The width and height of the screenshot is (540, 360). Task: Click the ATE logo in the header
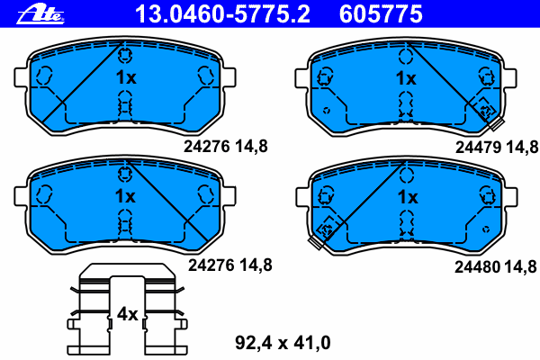pyautogui.click(x=40, y=14)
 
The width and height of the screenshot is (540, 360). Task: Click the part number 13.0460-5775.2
pyautogui.click(x=223, y=14)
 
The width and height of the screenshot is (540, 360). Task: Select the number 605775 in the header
pyautogui.click(x=381, y=14)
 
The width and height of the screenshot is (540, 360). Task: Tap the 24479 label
pyautogui.click(x=478, y=148)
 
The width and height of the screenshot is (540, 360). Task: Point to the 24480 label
pyautogui.click(x=477, y=266)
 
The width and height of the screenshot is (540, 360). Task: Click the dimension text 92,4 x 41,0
pyautogui.click(x=283, y=342)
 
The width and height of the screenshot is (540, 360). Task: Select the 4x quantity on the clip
pyautogui.click(x=127, y=314)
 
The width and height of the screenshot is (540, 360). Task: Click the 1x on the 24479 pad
pyautogui.click(x=406, y=78)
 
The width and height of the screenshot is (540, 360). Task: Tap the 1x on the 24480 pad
pyautogui.click(x=408, y=197)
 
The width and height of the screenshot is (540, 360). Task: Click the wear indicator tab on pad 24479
pyautogui.click(x=497, y=123)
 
